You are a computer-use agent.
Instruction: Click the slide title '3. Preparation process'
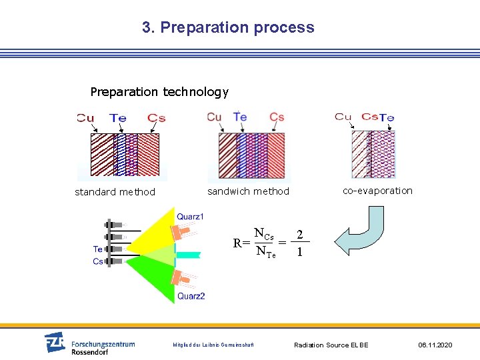pos(228,27)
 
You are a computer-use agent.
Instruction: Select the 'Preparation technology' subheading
pos(159,92)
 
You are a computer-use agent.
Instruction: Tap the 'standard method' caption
pos(115,192)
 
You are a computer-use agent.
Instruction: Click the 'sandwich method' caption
pos(248,191)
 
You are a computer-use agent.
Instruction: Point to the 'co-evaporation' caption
pos(377,191)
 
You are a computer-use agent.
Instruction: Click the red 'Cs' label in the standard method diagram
pos(157,118)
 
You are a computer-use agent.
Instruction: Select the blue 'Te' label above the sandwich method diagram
pos(240,117)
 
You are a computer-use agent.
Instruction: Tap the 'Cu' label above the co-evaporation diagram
pos(343,117)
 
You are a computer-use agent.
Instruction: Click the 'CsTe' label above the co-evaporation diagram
pos(378,117)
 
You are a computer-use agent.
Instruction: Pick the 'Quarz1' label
pos(191,217)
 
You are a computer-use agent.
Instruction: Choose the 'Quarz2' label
pos(191,296)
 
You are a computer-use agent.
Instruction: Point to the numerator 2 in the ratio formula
pos(301,235)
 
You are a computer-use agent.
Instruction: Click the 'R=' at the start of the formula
pos(241,243)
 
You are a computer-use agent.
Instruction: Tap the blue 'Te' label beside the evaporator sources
pos(98,249)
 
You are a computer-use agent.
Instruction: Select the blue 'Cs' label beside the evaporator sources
pos(98,261)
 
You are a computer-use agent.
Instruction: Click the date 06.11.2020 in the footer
pos(435,345)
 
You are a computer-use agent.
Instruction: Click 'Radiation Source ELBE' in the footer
pos(331,345)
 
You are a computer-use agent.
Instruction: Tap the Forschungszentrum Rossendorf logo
pos(89,343)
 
